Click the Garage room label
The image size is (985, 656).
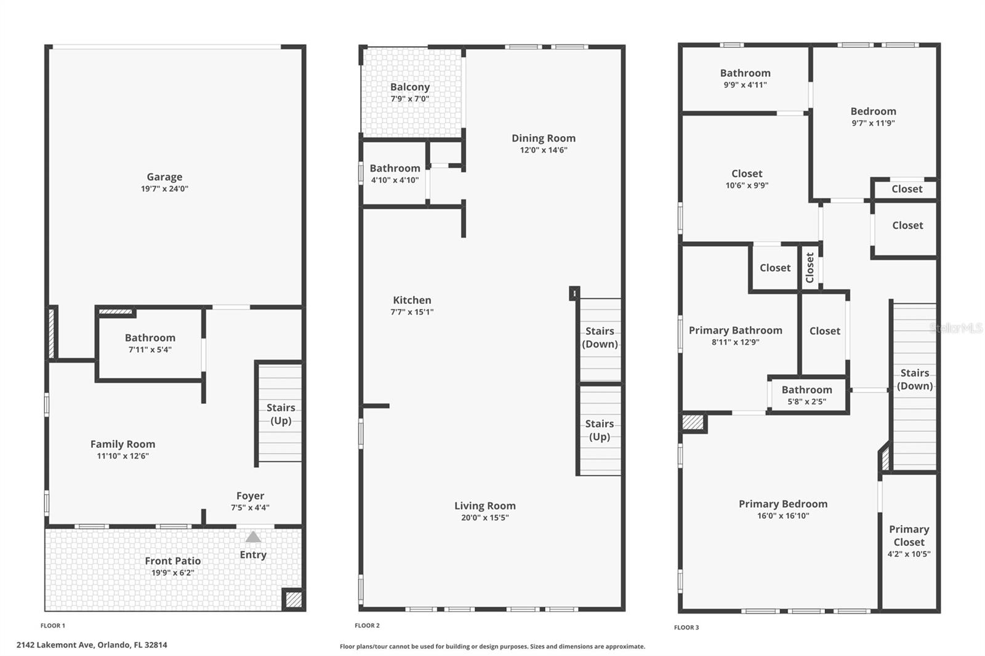[164, 177]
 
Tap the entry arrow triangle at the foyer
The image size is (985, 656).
[253, 537]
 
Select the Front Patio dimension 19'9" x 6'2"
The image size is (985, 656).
[173, 573]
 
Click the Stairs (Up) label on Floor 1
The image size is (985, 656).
[281, 414]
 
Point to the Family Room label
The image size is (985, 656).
[123, 444]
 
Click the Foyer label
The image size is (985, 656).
[250, 496]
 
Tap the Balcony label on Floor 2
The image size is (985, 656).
[410, 87]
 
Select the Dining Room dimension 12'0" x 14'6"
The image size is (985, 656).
[544, 150]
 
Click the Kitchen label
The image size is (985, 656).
[412, 300]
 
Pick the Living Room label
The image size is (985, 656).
[485, 506]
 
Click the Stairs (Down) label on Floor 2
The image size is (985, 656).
[600, 337]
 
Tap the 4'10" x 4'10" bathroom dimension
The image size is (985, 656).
[395, 180]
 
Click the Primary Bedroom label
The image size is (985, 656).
[783, 504]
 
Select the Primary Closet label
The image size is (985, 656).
[909, 535]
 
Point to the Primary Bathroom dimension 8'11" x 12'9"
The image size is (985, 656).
[736, 342]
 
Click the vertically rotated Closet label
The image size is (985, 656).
[810, 268]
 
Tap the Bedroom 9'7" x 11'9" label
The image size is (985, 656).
[873, 111]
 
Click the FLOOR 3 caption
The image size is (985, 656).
[686, 628]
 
